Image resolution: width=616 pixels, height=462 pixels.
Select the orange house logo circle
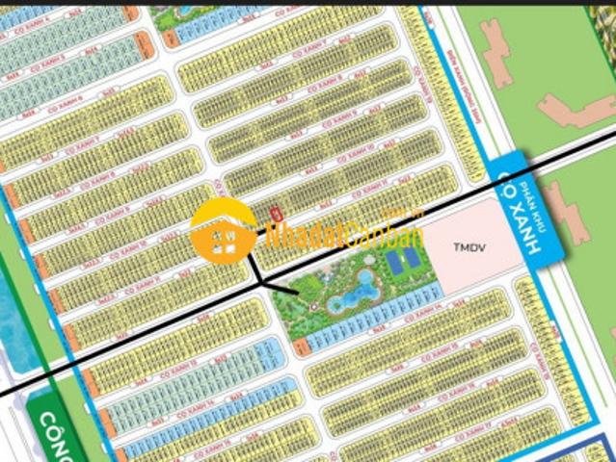[224, 231]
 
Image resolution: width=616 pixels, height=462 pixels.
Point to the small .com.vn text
[392, 214]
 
